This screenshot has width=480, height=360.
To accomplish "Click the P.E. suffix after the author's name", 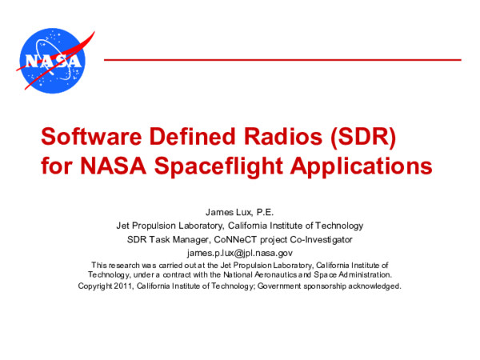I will click(x=262, y=212).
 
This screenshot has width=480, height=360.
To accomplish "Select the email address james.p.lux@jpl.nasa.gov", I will click(x=240, y=253).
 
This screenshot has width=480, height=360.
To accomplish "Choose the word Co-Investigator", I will click(x=318, y=239).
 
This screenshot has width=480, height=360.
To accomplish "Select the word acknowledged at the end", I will click(x=373, y=285).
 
